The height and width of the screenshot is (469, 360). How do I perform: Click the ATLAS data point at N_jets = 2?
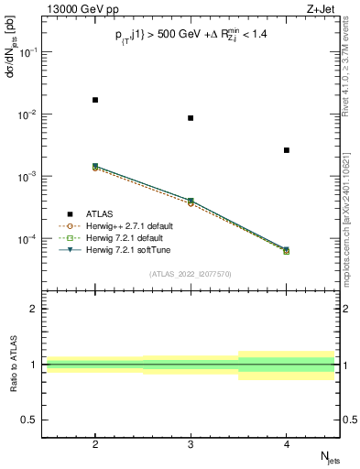pyautogui.click(x=95, y=100)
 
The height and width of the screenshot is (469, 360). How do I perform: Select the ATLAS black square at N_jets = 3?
pyautogui.click(x=191, y=118)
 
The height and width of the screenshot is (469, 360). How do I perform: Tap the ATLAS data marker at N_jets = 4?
pyautogui.click(x=287, y=150)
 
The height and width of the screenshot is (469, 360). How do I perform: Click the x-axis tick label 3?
pyautogui.click(x=191, y=443)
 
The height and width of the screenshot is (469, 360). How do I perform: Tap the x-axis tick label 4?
pyautogui.click(x=287, y=443)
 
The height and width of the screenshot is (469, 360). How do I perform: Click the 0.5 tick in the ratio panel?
pyautogui.click(x=29, y=420)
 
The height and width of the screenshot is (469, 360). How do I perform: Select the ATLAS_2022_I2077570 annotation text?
pyautogui.click(x=191, y=273)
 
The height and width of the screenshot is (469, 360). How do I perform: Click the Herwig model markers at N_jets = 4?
pyautogui.click(x=287, y=250)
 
